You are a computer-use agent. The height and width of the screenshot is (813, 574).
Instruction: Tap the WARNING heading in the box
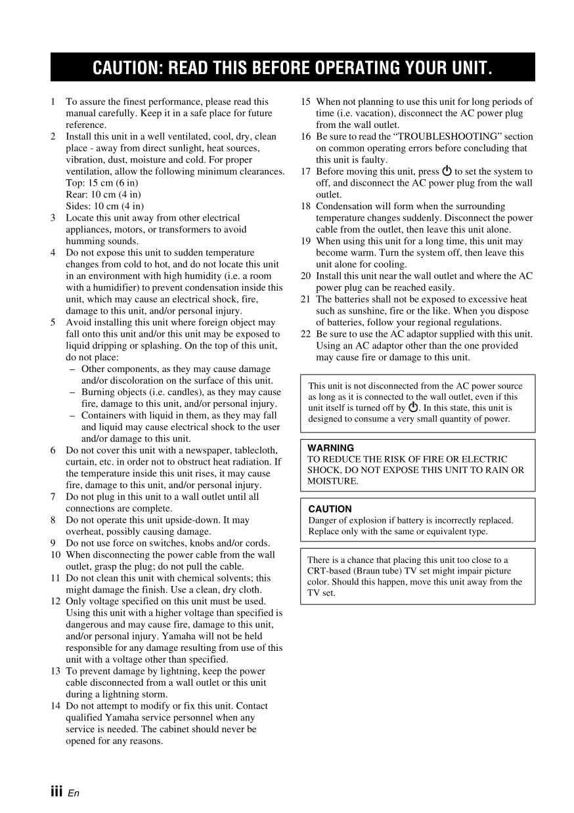coord(330,448)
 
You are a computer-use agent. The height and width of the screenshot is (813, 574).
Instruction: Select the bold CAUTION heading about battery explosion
coord(330,509)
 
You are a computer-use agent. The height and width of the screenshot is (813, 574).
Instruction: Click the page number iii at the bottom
coord(57,791)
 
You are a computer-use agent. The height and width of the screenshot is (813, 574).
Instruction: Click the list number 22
coord(305,334)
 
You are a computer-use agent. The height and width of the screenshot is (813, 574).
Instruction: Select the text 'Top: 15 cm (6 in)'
coord(102,182)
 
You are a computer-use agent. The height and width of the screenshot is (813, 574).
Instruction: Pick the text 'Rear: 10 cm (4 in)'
coord(103,194)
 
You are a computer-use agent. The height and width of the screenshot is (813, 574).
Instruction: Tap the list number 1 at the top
coord(53,102)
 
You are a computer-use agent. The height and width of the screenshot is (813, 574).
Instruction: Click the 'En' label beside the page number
coord(73,793)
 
